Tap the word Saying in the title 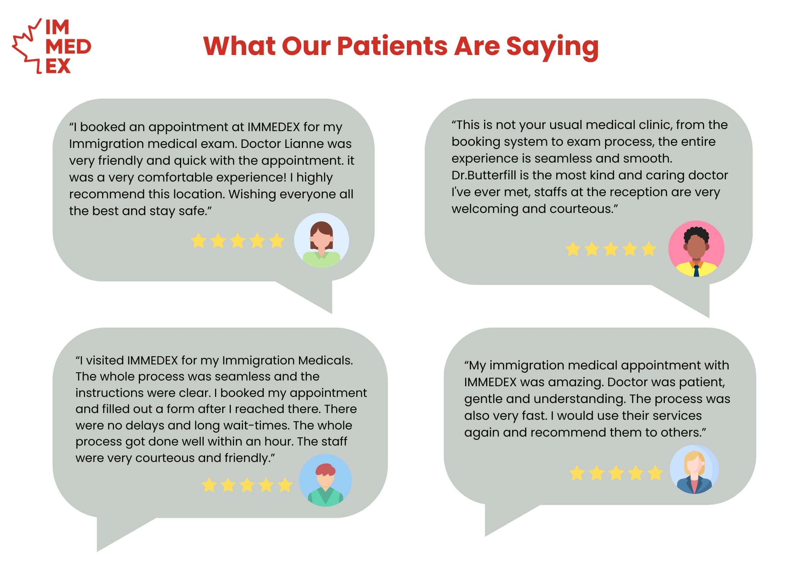click(552, 48)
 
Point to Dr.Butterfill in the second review click(484, 175)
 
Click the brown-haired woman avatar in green click(322, 240)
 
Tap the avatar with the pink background click(696, 249)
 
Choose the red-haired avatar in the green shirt click(325, 480)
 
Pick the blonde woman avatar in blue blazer click(694, 469)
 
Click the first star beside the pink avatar click(573, 249)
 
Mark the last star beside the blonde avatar click(655, 473)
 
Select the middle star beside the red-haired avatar click(247, 485)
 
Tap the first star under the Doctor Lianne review click(199, 240)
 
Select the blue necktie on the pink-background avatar click(696, 270)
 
